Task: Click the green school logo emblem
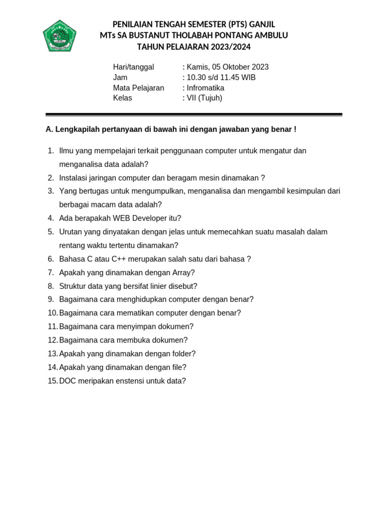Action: point(60,35)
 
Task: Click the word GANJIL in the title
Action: point(263,24)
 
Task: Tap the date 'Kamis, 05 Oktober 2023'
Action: point(227,67)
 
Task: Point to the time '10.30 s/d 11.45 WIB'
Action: point(221,77)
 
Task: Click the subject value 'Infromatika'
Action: point(205,88)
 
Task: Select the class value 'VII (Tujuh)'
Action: point(204,98)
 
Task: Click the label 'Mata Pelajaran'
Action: point(138,88)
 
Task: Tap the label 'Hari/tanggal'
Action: point(133,67)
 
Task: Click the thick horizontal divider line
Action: point(194,115)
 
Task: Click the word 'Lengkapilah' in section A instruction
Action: point(75,129)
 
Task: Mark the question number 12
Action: point(53,340)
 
